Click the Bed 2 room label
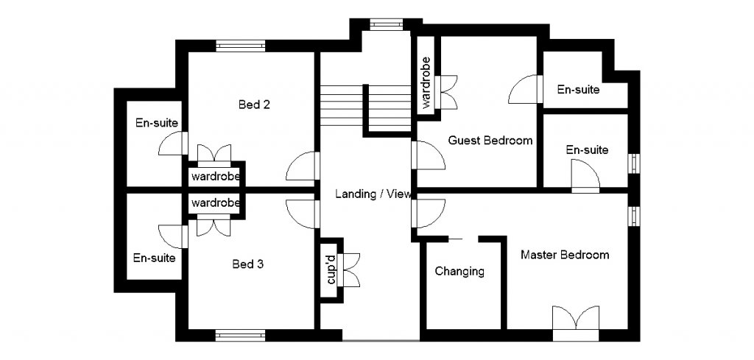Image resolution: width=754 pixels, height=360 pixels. pyautogui.click(x=254, y=105)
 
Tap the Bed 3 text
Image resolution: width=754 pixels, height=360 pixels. pyautogui.click(x=247, y=264)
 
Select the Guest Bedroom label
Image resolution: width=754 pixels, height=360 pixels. pyautogui.click(x=490, y=141)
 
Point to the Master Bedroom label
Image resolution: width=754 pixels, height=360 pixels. pyautogui.click(x=565, y=255)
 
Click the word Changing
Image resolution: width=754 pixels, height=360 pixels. pyautogui.click(x=459, y=271)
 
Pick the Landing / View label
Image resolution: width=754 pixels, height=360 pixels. pyautogui.click(x=373, y=194)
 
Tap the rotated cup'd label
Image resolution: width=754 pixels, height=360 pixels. pyautogui.click(x=331, y=269)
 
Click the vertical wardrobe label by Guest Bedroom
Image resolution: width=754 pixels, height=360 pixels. pyautogui.click(x=426, y=84)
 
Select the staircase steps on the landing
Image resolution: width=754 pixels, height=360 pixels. pyautogui.click(x=364, y=107)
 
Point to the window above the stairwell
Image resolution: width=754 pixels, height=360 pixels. pyautogui.click(x=384, y=25)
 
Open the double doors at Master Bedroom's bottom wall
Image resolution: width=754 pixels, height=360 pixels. pyautogui.click(x=574, y=322)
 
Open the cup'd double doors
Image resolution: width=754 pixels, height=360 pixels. pyautogui.click(x=351, y=269)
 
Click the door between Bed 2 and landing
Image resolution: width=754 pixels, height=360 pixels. pyautogui.click(x=303, y=168)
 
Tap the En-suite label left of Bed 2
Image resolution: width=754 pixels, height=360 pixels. pyautogui.click(x=157, y=123)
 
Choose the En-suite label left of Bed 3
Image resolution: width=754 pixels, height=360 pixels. pyautogui.click(x=154, y=258)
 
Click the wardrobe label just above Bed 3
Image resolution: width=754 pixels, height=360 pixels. pyautogui.click(x=215, y=202)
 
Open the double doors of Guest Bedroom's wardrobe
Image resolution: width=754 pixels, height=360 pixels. pyautogui.click(x=446, y=91)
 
